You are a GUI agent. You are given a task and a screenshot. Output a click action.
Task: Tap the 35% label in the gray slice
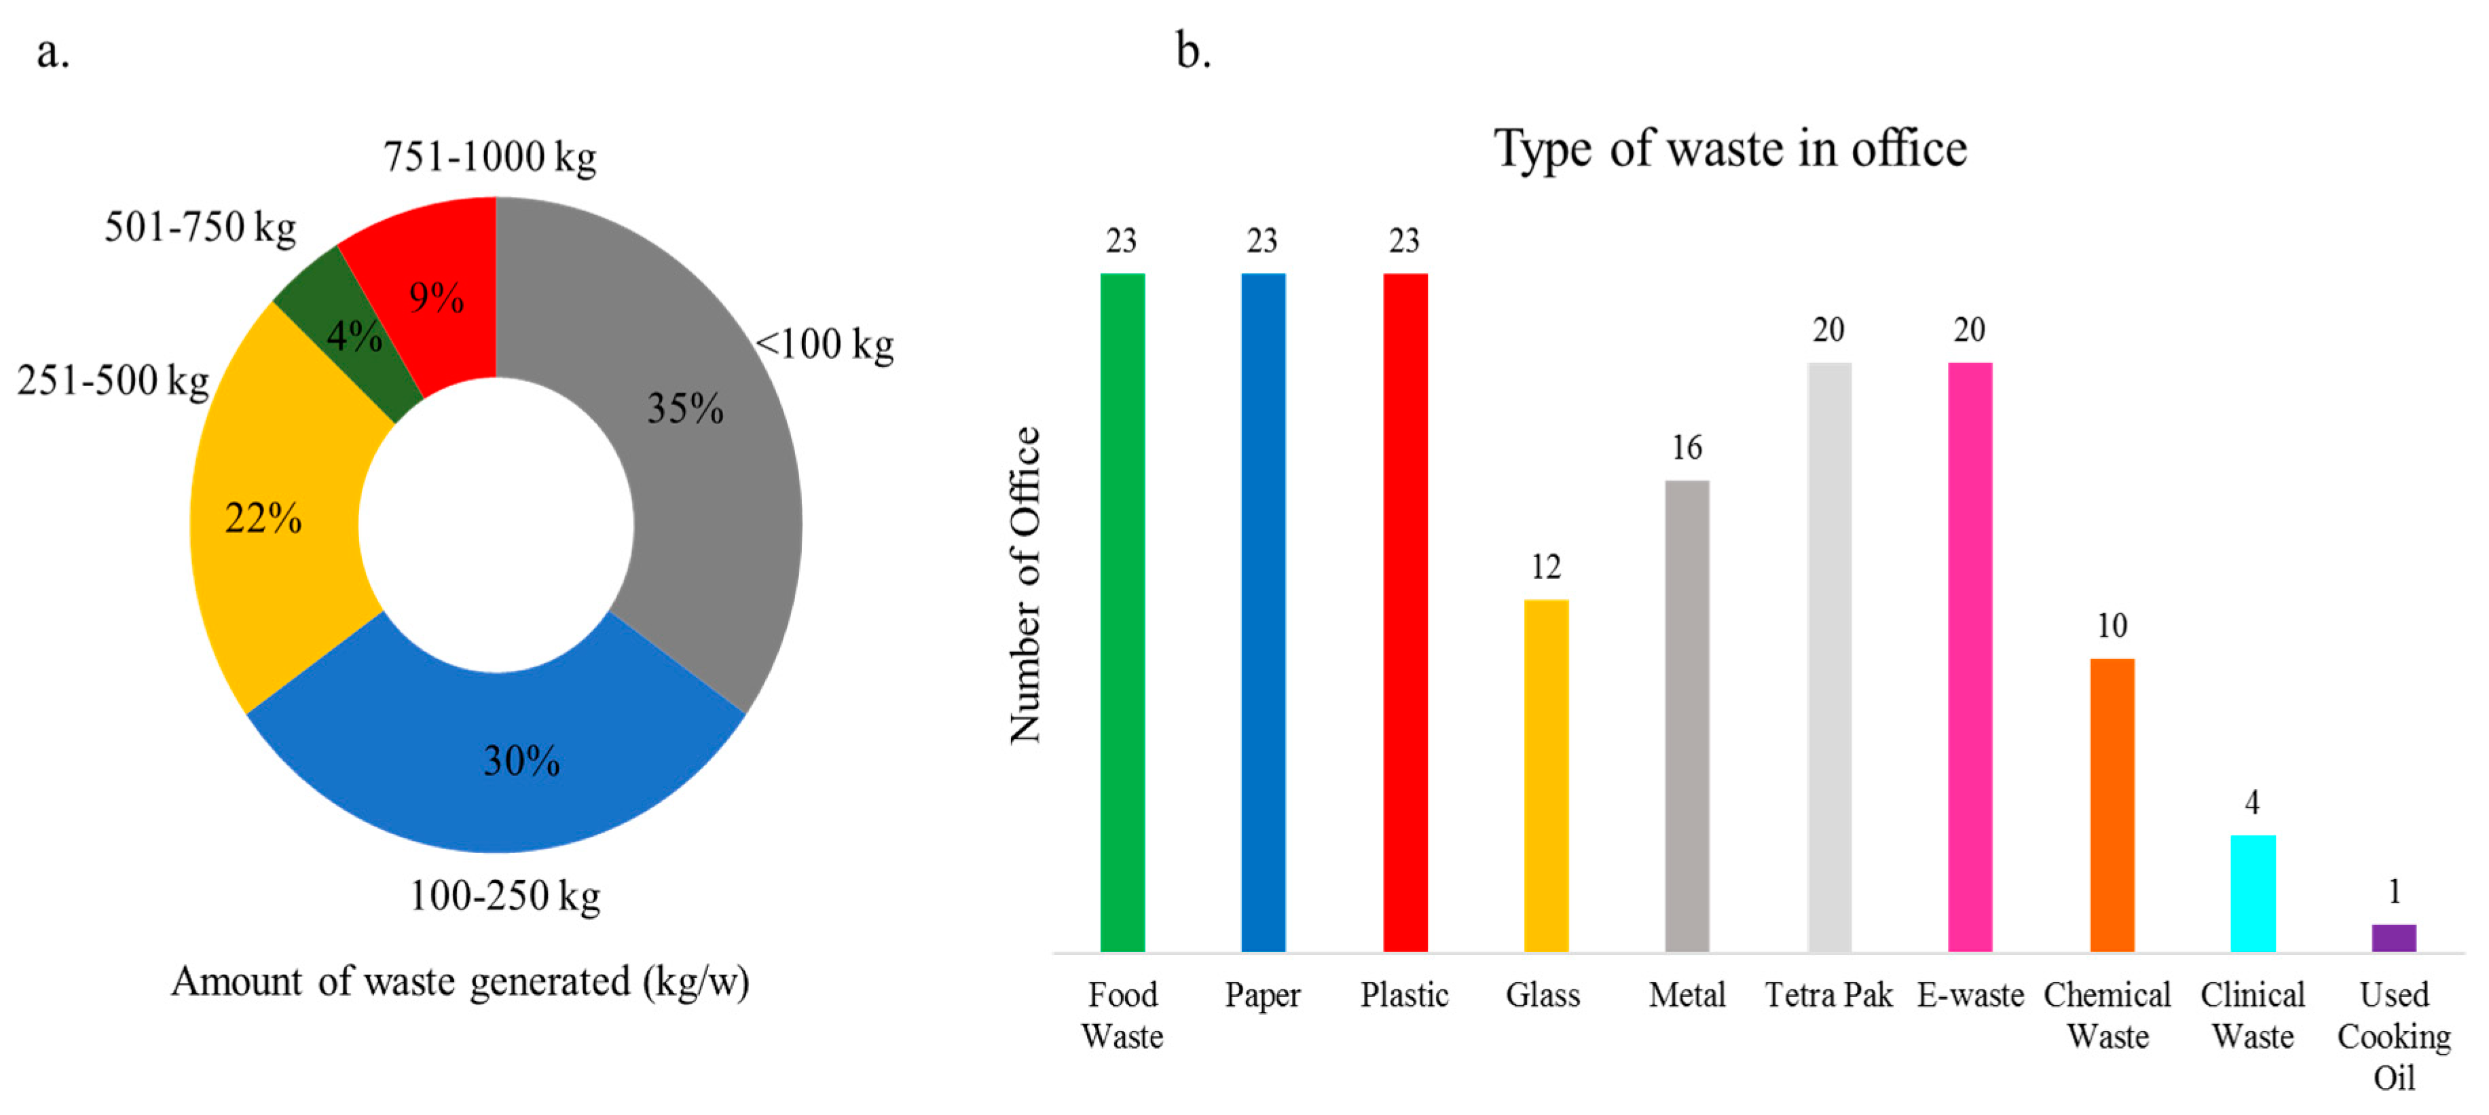point(684,408)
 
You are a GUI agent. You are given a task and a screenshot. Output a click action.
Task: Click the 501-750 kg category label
point(200,228)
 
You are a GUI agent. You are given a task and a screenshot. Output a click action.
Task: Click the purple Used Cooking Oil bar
point(2393,937)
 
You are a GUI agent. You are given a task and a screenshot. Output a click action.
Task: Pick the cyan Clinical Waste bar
point(2251,893)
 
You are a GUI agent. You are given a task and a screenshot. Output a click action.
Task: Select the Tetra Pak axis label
point(1828,995)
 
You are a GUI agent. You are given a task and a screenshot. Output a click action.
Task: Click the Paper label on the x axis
point(1262,995)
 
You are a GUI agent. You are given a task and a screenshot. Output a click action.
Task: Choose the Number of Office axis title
point(1025,584)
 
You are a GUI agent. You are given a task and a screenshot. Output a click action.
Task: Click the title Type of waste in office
point(1729,150)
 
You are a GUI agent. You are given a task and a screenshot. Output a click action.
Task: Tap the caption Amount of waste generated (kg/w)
point(460,982)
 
